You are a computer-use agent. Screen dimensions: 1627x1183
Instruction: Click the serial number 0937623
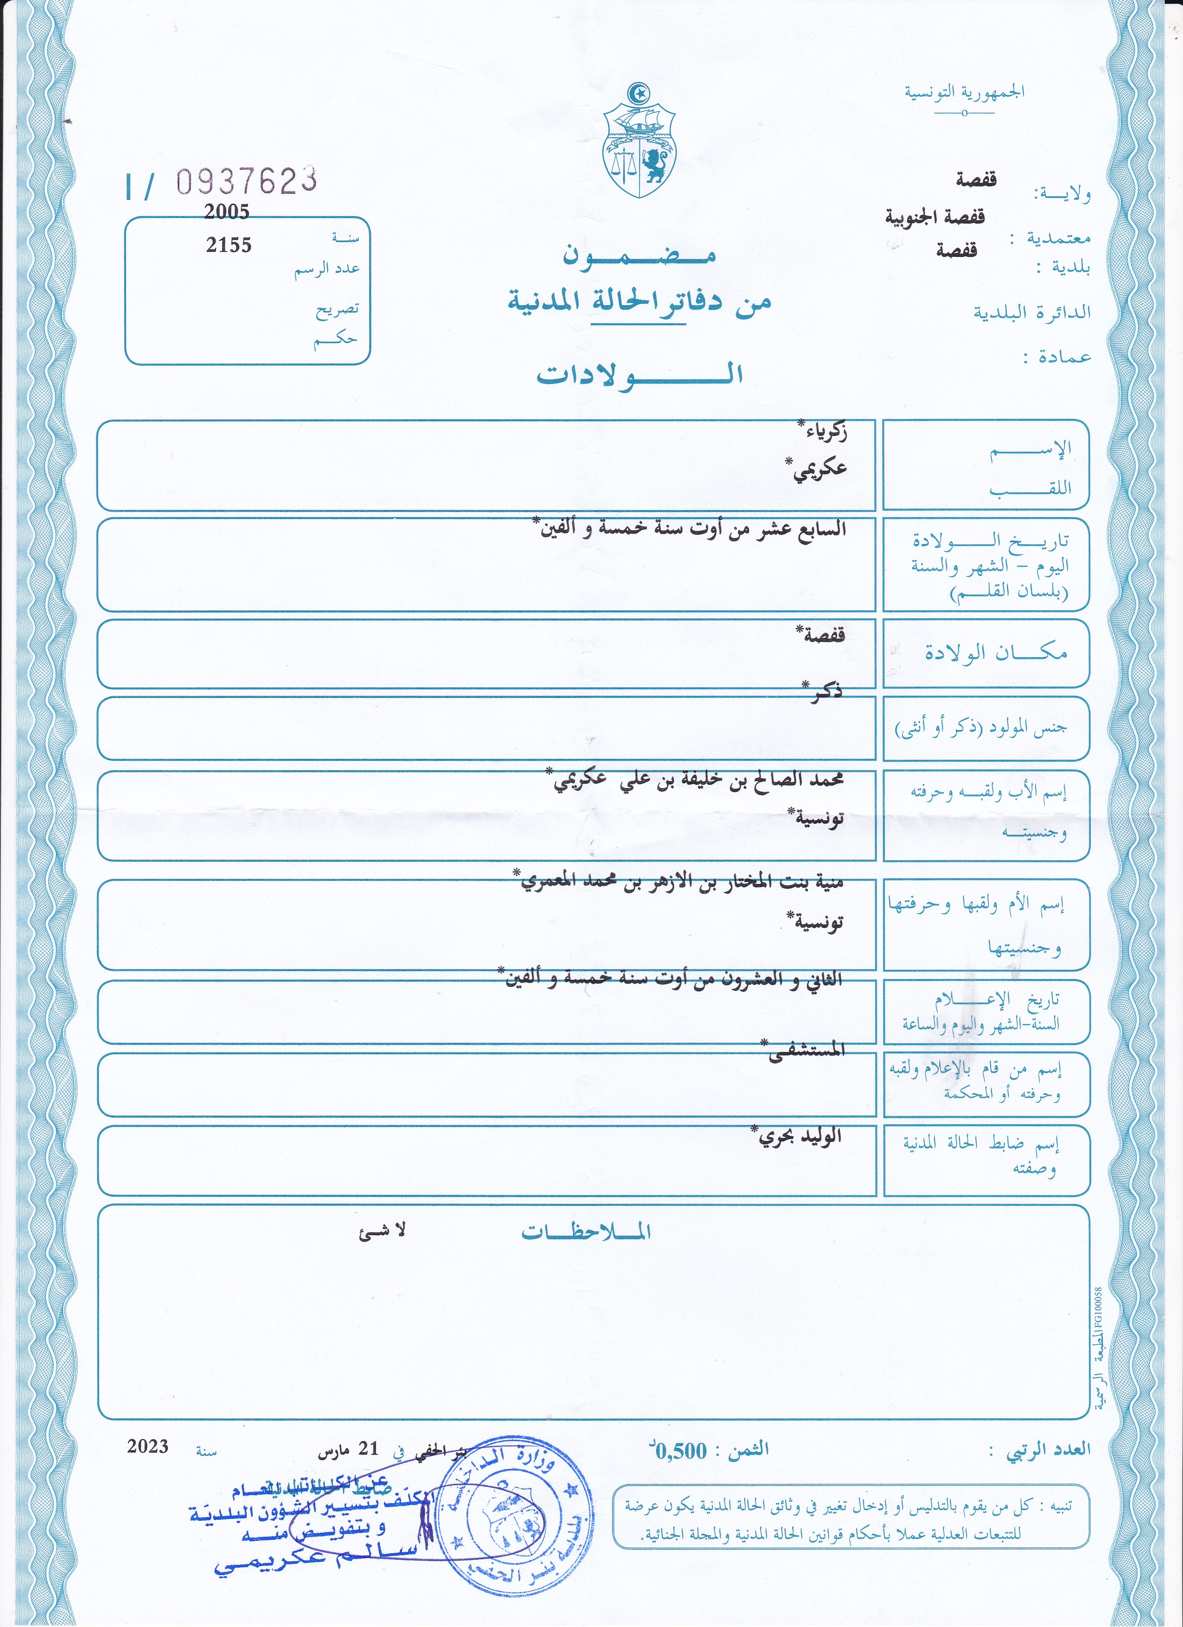247,181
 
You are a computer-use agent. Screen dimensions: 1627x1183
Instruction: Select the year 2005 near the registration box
227,211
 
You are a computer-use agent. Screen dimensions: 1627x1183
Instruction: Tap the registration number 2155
229,245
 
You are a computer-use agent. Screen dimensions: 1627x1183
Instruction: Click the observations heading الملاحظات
586,1232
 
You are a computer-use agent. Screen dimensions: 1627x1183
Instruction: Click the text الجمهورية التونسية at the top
964,92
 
